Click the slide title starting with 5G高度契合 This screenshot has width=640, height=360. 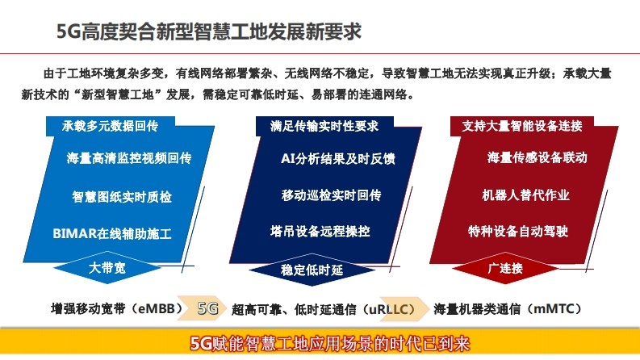(209, 31)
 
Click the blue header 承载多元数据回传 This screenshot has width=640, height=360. (111, 126)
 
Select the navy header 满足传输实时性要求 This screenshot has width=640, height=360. (324, 126)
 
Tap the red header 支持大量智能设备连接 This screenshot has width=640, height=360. (522, 126)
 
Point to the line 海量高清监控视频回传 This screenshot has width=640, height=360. (129, 158)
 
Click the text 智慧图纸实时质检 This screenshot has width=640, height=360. (122, 197)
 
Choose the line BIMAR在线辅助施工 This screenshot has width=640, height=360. (112, 233)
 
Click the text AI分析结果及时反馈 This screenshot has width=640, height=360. (338, 158)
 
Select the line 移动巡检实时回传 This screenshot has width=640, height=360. (331, 195)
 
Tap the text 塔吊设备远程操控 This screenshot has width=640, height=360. (320, 231)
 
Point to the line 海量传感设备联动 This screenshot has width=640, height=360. (538, 157)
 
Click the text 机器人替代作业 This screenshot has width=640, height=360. (525, 195)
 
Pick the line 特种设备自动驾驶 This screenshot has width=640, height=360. (518, 231)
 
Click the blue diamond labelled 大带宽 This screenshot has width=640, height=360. (107, 268)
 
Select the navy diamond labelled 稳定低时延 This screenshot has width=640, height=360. (312, 270)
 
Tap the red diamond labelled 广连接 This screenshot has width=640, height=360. (505, 268)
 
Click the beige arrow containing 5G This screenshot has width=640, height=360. (202, 308)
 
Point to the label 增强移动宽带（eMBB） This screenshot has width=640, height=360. (117, 308)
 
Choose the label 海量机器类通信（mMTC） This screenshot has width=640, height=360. (508, 309)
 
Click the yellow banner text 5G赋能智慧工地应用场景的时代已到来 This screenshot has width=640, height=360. (330, 344)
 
